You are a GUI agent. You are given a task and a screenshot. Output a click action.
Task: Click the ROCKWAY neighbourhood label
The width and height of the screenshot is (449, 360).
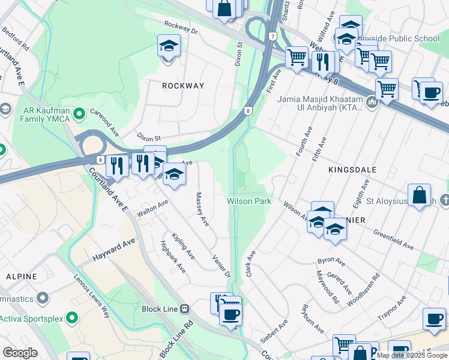coord(183,86)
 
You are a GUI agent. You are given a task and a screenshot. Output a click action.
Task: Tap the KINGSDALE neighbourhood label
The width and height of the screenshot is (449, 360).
coord(352,170)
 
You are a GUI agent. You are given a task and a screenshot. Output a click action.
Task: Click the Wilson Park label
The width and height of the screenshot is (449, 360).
coord(249,201)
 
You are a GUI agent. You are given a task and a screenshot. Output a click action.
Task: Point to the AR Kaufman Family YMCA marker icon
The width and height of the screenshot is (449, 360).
coord(77,112)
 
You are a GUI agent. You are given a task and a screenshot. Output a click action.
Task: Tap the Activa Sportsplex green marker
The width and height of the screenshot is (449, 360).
coord(71,317)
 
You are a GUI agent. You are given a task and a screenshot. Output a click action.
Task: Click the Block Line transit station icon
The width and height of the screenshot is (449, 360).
coord(184,308)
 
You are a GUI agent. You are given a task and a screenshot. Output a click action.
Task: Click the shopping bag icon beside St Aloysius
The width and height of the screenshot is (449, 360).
coord(420,195)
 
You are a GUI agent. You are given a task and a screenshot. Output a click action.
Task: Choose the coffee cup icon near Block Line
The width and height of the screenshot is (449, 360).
coord(231,313)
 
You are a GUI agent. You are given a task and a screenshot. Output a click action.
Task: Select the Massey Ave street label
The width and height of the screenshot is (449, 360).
coord(202,209)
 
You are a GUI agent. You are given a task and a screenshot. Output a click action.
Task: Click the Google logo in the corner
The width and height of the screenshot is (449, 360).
coord(20,352)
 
